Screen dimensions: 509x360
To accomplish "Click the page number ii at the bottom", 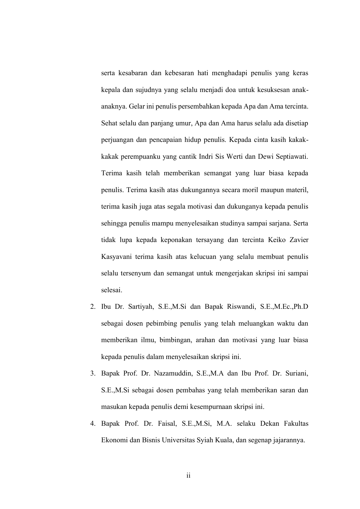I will coord(188,476).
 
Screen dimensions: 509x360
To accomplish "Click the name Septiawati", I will coord(292,157).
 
